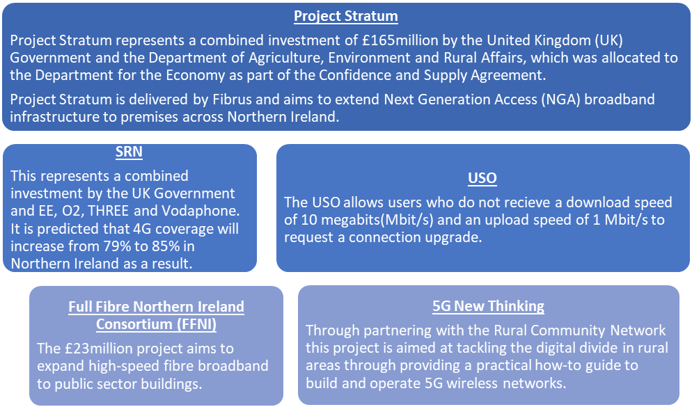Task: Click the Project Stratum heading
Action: [346, 16]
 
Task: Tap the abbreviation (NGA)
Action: [561, 99]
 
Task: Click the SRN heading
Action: [129, 152]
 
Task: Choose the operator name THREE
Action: [109, 211]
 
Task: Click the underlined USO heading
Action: [482, 178]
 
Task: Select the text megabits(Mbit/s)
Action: [367, 220]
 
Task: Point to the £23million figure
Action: [98, 349]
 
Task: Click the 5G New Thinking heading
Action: [488, 306]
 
